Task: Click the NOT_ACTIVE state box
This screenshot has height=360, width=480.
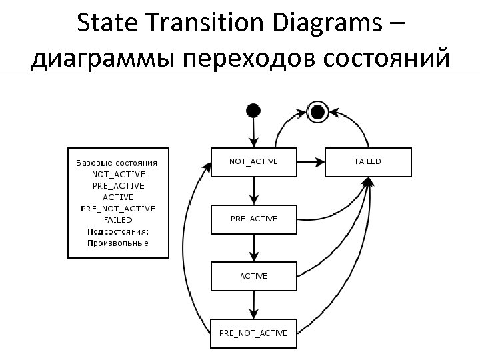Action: (x=253, y=162)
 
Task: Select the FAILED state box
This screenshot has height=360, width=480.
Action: (x=368, y=162)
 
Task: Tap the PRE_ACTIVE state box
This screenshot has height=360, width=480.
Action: (x=253, y=219)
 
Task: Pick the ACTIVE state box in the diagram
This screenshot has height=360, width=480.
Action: (x=253, y=276)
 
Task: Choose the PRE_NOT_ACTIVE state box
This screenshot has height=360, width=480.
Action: (x=253, y=333)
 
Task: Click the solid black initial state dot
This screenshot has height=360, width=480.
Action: (x=253, y=109)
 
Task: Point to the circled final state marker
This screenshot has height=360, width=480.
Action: (x=317, y=111)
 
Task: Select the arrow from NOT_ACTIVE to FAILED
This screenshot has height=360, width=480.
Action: (x=311, y=162)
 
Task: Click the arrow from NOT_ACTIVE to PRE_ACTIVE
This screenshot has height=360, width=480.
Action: (x=253, y=191)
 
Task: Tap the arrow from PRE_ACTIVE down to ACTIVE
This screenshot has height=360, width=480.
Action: (x=253, y=248)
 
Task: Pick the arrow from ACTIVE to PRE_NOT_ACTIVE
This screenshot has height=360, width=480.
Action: (x=253, y=305)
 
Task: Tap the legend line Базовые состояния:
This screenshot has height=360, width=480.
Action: (x=118, y=163)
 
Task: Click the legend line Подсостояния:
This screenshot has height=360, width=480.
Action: (x=118, y=231)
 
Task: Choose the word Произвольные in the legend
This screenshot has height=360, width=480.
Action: (x=118, y=243)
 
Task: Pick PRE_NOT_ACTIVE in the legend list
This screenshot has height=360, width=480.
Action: (x=118, y=209)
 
